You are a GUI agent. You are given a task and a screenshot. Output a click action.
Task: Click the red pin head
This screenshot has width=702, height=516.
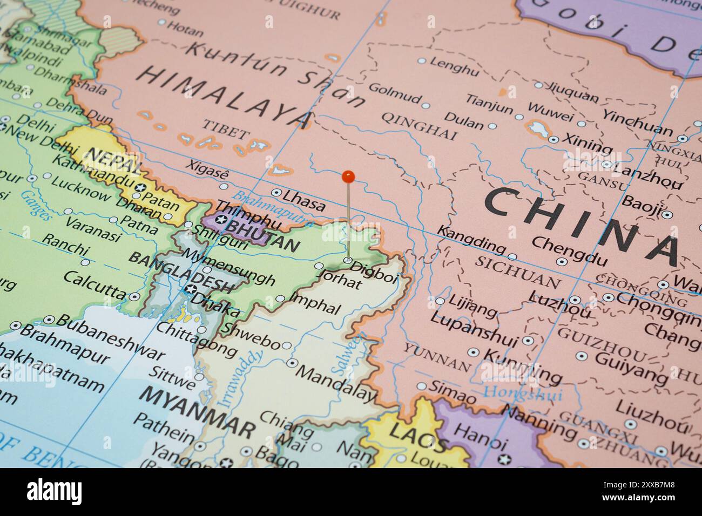[x=348, y=175]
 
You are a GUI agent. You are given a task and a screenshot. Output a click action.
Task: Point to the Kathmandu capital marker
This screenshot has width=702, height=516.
[x=141, y=187]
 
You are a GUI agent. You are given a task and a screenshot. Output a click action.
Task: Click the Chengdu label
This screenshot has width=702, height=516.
[x=569, y=250]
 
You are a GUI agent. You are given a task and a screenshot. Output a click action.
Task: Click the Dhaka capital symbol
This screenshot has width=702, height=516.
[x=190, y=289]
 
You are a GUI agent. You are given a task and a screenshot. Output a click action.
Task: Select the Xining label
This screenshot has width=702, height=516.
[x=588, y=142]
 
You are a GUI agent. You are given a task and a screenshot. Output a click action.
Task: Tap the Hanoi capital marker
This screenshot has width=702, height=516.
[x=505, y=459]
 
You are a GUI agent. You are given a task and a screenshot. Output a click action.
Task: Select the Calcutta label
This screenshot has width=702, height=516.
[x=95, y=285]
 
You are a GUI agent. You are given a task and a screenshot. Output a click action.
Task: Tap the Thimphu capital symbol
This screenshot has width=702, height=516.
[x=222, y=220]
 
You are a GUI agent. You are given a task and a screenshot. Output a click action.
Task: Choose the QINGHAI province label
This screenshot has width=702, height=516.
[x=420, y=125]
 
